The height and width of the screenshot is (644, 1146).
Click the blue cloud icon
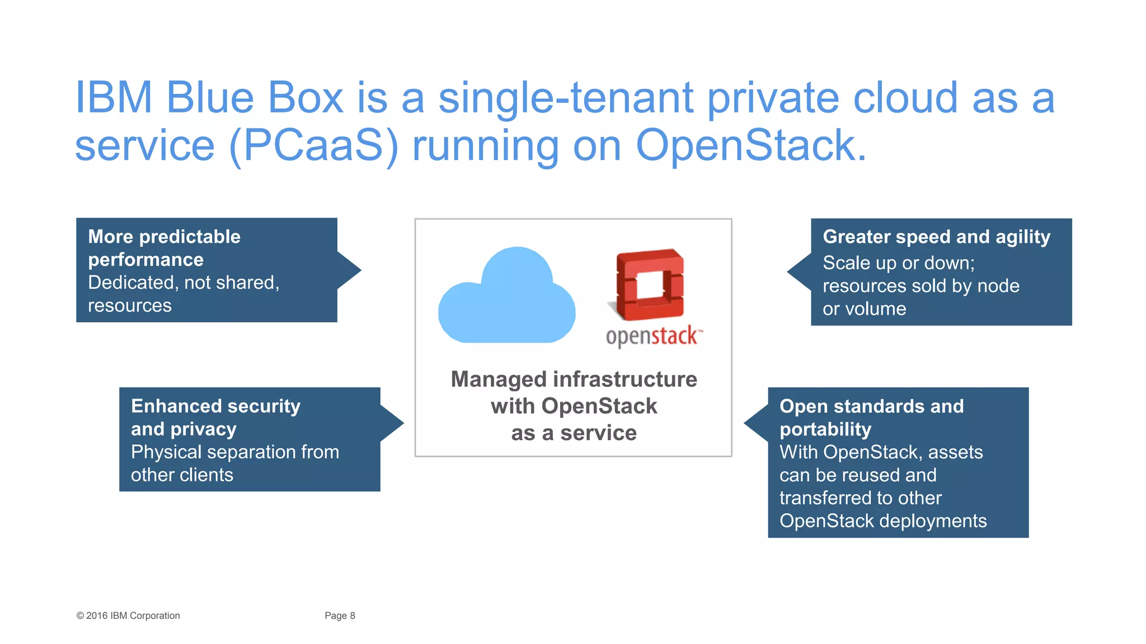click(506, 299)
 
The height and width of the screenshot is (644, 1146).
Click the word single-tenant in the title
click(565, 98)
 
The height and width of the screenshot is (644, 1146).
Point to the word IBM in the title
click(114, 98)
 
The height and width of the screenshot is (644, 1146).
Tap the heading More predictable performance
click(164, 248)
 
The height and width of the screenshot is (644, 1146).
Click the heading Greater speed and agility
click(936, 236)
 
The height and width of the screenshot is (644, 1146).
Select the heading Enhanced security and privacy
click(215, 417)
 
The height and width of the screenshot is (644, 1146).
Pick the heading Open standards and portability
click(871, 417)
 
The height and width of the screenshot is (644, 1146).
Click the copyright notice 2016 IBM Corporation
click(128, 615)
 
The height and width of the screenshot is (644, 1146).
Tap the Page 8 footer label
click(340, 615)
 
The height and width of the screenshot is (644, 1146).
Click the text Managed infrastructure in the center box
click(574, 379)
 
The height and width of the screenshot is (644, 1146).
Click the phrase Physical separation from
click(235, 452)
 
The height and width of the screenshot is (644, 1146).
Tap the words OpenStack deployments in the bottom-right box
click(882, 520)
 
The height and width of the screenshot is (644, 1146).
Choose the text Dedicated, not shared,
click(184, 282)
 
